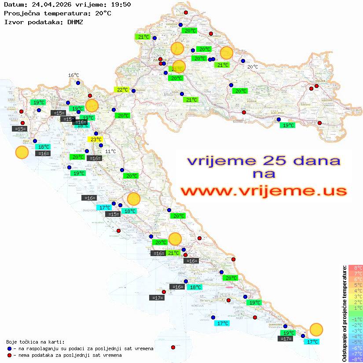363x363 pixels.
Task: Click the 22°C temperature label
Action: pyautogui.click(x=122, y=90)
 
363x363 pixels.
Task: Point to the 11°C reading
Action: pyautogui.click(x=110, y=151)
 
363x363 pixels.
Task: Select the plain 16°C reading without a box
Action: pyautogui.click(x=73, y=75)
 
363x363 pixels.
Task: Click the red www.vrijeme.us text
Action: pyautogui.click(x=264, y=191)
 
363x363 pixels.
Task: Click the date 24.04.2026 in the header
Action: pyautogui.click(x=50, y=4)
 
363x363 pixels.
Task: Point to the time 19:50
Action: pyautogui.click(x=121, y=4)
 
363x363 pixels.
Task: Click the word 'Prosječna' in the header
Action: pyautogui.click(x=22, y=13)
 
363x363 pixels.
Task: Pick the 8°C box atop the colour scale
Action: pyautogui.click(x=356, y=268)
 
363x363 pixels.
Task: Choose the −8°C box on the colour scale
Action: pyautogui.click(x=356, y=359)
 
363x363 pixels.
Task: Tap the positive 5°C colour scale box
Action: pyautogui.click(x=356, y=285)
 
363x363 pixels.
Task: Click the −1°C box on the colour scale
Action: pyautogui.click(x=356, y=319)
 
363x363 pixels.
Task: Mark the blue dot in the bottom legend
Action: pyautogui.click(x=9, y=348)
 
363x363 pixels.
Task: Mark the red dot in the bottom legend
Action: pyautogui.click(x=9, y=355)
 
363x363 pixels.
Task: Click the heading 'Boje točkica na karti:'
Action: pyautogui.click(x=35, y=342)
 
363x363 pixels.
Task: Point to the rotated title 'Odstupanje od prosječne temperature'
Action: pyautogui.click(x=345, y=313)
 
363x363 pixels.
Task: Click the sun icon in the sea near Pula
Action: pyautogui.click(x=22, y=153)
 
